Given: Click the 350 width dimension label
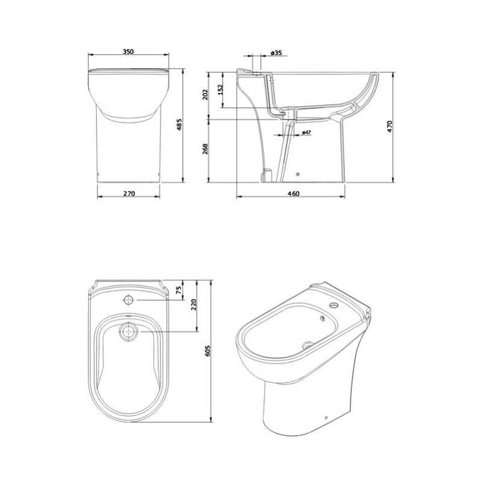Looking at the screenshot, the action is (128, 51).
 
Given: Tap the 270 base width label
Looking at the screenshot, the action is (129, 194).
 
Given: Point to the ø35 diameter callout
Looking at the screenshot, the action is (277, 53).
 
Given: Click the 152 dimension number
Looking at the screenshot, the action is (220, 89).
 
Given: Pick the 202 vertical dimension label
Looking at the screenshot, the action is (205, 95).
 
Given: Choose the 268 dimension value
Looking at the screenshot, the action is (205, 149).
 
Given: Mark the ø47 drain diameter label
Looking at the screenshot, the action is (307, 132).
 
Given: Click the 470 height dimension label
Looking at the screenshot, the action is (389, 126).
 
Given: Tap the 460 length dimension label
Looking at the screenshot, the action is (293, 194).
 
